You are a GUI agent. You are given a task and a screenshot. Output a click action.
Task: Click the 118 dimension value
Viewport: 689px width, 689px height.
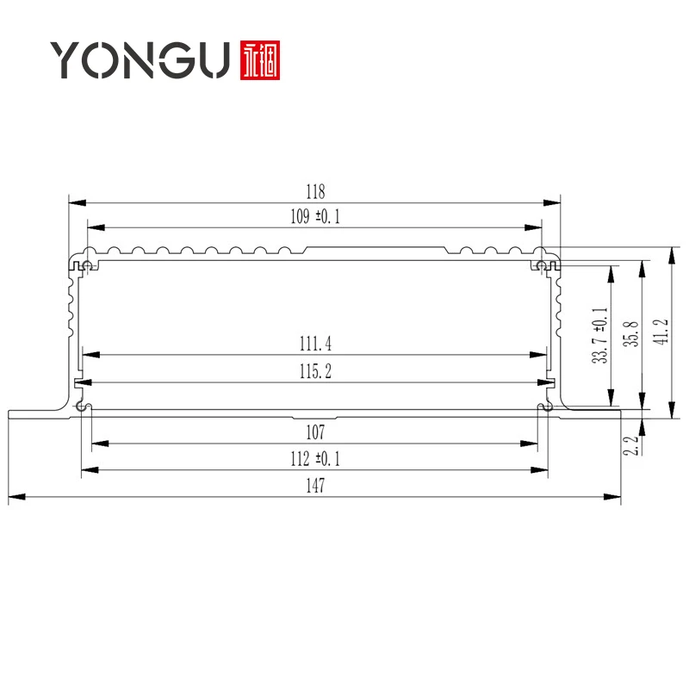(x=315, y=191)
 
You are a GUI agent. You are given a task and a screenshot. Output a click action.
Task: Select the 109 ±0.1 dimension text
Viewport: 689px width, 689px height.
(x=315, y=217)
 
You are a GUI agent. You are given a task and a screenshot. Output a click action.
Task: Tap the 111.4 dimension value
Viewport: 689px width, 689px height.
(x=315, y=344)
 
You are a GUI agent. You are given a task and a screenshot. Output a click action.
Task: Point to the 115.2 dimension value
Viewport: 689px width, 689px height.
(x=315, y=371)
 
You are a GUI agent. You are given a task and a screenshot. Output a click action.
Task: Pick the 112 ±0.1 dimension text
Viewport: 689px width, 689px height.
(x=315, y=459)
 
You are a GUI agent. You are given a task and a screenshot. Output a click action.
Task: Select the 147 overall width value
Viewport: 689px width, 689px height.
(x=315, y=487)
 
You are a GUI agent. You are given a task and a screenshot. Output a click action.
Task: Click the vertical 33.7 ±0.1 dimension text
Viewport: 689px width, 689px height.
(x=599, y=336)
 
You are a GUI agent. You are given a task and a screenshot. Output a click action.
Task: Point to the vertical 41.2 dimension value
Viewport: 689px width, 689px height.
(x=661, y=332)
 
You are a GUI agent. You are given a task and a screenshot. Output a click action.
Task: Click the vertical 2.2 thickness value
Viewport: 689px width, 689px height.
(x=630, y=445)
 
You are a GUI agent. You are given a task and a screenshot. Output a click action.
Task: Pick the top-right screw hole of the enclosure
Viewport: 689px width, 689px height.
(x=542, y=264)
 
